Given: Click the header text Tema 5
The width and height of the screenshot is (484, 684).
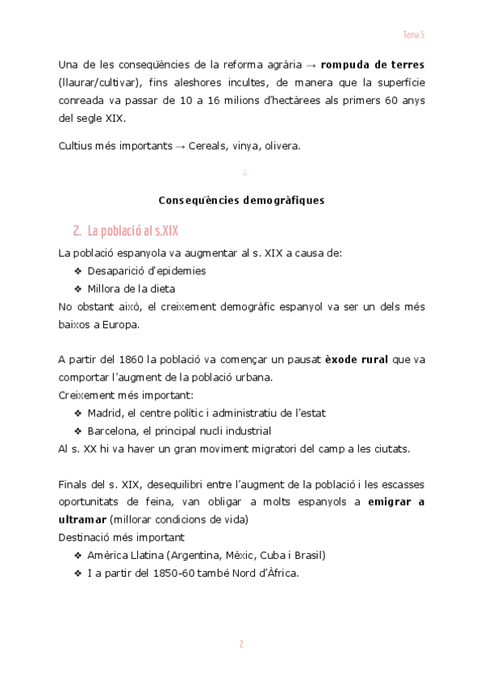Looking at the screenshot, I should tap(414, 35).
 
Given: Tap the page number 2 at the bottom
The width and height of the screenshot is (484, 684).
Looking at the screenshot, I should tap(241, 644).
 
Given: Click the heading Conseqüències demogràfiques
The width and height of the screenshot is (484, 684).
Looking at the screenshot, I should tap(241, 201).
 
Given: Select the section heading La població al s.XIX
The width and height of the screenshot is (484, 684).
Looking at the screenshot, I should tap(125, 231).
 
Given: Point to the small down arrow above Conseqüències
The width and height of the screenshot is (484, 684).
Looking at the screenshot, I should tap(244, 173).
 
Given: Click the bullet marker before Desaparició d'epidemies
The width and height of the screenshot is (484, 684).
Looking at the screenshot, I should tap(78, 271).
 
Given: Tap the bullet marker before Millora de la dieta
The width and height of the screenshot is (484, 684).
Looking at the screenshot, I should tap(78, 289).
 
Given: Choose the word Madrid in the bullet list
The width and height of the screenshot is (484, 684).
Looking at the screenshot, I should tap(105, 413).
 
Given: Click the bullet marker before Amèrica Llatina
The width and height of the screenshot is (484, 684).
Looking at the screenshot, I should tap(78, 556).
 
